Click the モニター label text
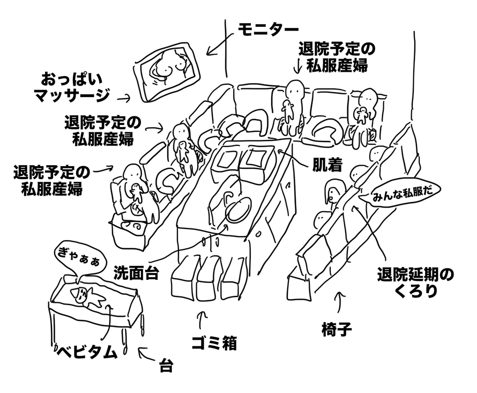click(x=269, y=28)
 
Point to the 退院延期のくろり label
click(x=415, y=284)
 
